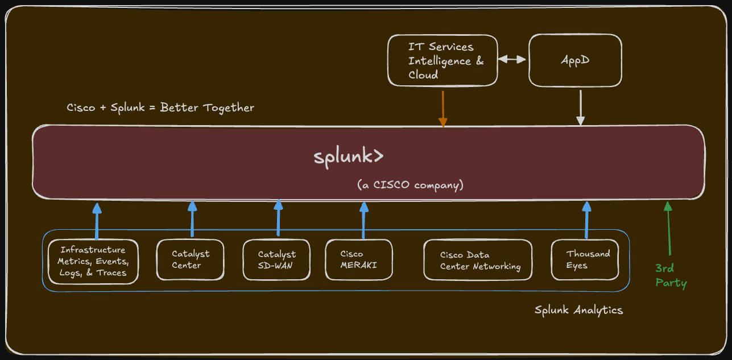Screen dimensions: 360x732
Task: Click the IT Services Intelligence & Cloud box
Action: pos(442,61)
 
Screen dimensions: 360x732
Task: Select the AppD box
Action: pos(575,61)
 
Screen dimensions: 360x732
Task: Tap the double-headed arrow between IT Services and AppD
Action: pos(512,59)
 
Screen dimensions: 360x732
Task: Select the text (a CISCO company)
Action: pos(410,185)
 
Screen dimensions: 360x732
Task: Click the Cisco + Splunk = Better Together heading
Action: pos(160,107)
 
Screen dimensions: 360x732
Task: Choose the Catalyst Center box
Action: pos(190,260)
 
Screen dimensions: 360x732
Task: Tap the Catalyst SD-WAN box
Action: pos(276,260)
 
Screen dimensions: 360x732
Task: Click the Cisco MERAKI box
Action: pos(358,260)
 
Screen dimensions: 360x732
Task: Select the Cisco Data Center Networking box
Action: pos(478,260)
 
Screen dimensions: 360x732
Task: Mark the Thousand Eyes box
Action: pos(585,260)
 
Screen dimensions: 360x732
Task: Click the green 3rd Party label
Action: pos(671,275)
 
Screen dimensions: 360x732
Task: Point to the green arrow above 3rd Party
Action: pos(668,227)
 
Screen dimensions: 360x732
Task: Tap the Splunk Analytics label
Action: pos(578,310)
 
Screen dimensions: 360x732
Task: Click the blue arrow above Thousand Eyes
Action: pos(586,219)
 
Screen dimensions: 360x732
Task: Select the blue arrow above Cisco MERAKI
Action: pos(363,219)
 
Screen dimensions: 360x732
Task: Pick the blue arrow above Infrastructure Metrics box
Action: pos(97,221)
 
